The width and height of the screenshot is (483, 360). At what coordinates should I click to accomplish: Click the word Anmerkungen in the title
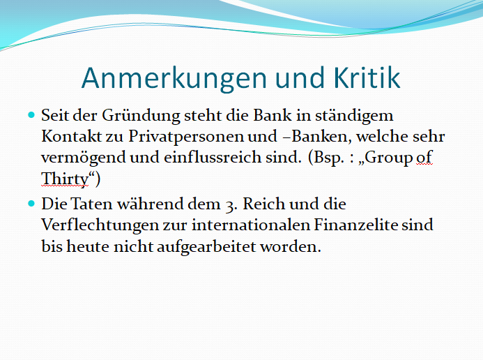tap(174, 79)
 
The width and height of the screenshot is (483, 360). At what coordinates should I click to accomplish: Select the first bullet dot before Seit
tap(31, 115)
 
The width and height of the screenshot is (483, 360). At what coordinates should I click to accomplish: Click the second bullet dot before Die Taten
tap(31, 204)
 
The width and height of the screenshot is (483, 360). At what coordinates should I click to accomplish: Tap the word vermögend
tap(84, 158)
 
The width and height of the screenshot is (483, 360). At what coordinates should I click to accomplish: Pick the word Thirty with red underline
tap(65, 179)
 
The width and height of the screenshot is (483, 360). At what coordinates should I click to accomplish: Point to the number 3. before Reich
tap(231, 205)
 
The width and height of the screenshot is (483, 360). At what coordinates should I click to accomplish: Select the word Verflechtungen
tap(100, 225)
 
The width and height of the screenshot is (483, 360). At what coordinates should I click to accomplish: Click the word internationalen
tap(250, 225)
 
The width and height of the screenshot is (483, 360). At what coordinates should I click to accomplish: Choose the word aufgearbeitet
tap(206, 246)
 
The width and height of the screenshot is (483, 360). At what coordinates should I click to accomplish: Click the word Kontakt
tap(72, 136)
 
